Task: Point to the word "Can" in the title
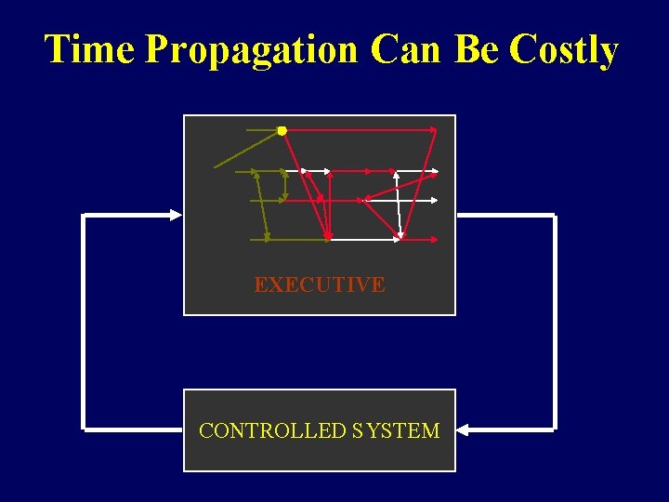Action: click(404, 49)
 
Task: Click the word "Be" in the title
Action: click(476, 49)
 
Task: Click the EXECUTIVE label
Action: click(319, 284)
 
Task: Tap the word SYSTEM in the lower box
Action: click(396, 430)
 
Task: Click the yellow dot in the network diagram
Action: click(282, 131)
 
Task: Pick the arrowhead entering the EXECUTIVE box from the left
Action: click(176, 215)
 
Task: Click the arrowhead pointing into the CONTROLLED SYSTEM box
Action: click(464, 430)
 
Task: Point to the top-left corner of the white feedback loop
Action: click(85, 216)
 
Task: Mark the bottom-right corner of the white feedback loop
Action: click(554, 429)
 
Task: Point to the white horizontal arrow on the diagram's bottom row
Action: click(362, 239)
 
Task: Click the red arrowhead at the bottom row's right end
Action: click(435, 239)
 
